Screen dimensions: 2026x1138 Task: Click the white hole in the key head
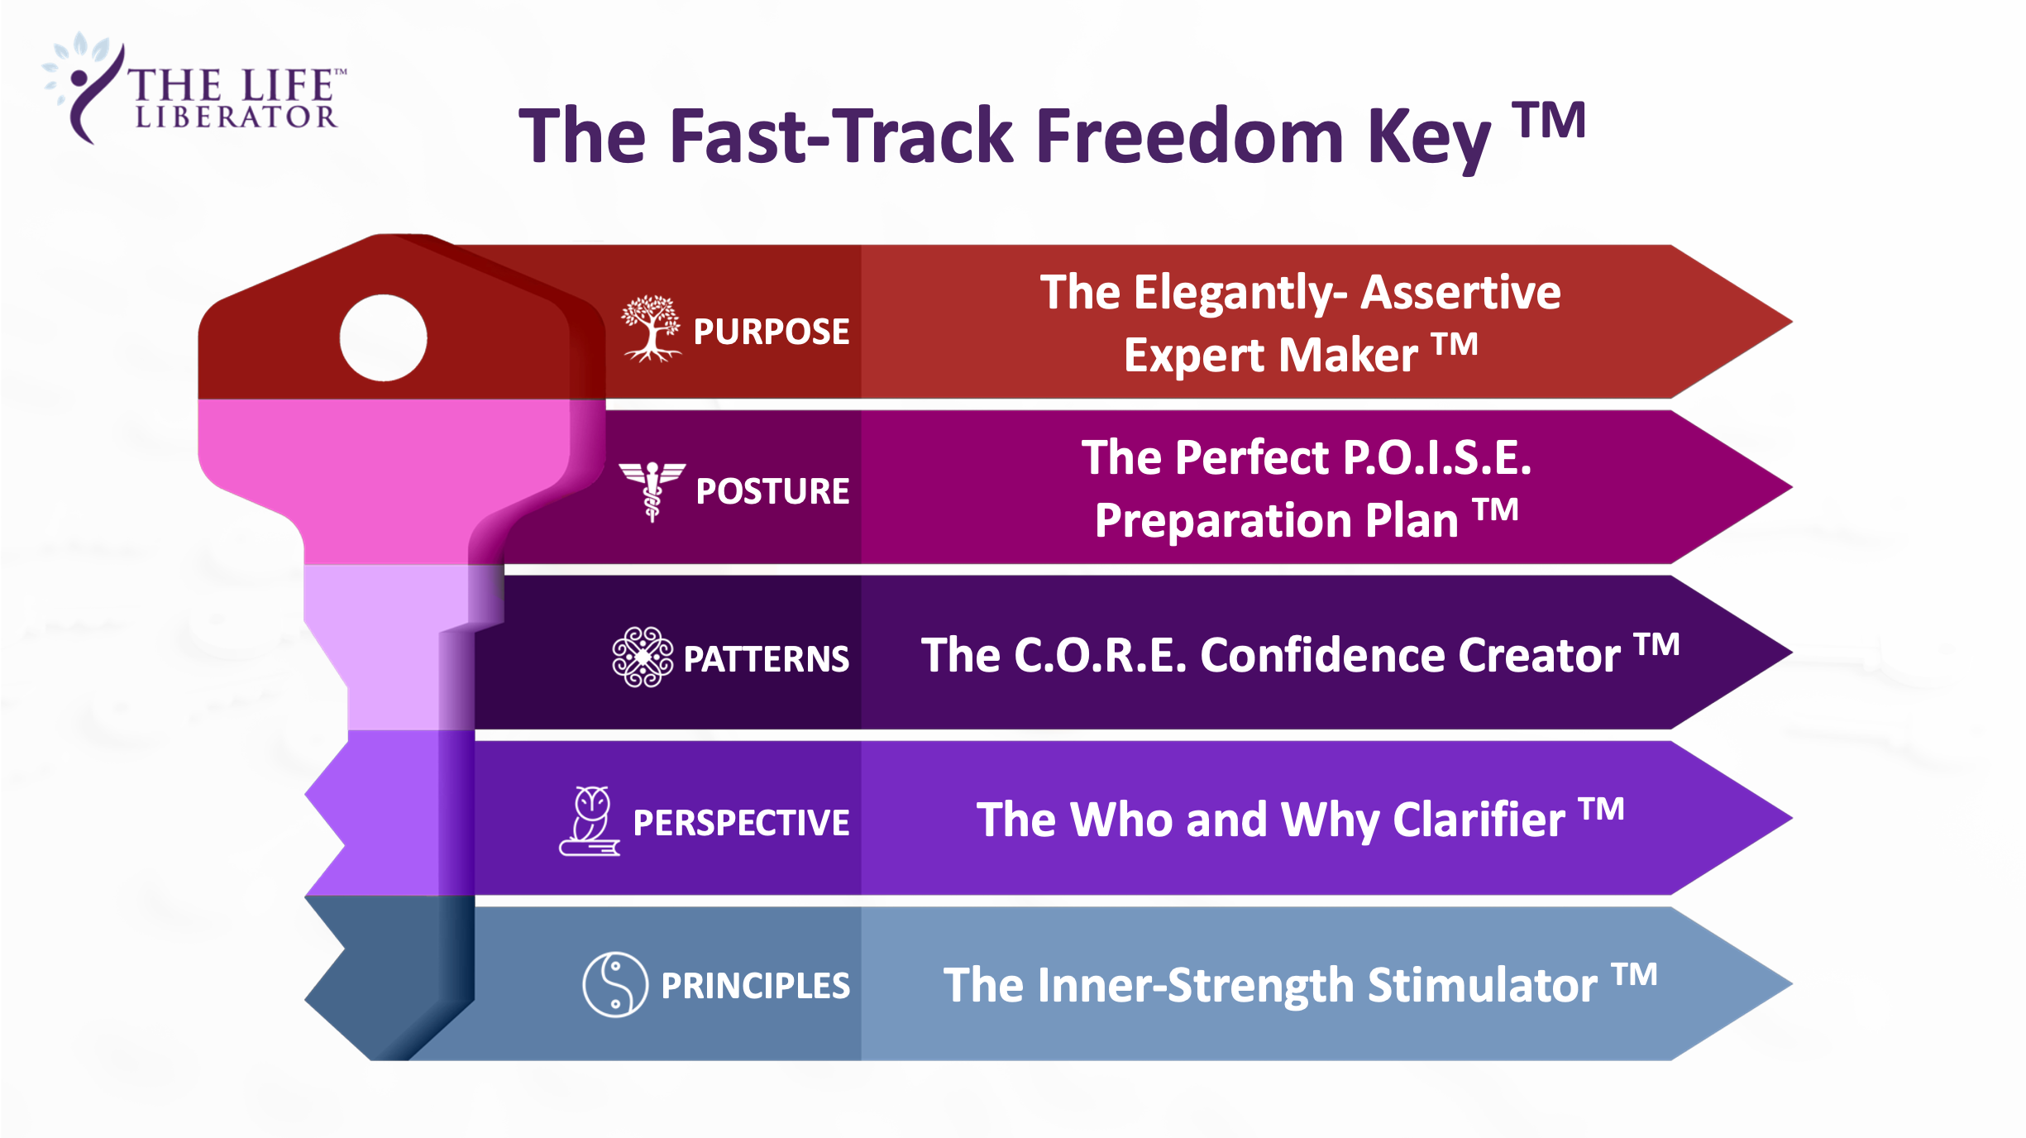(x=383, y=337)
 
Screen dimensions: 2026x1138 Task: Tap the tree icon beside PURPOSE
(x=652, y=328)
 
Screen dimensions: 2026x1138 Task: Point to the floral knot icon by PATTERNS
(x=643, y=657)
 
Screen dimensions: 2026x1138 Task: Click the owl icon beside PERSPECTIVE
(x=590, y=820)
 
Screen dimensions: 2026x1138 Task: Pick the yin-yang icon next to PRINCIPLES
(x=615, y=984)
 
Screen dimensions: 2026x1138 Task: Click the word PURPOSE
(x=772, y=332)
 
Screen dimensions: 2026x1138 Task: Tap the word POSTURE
(x=773, y=491)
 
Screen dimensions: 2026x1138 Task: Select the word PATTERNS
(x=767, y=659)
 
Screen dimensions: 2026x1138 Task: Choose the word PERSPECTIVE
(x=742, y=823)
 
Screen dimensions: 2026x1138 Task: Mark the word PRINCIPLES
(x=756, y=986)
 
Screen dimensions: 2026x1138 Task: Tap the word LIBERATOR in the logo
(x=237, y=117)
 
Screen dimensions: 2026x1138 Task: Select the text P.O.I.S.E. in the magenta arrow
(x=1437, y=457)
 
